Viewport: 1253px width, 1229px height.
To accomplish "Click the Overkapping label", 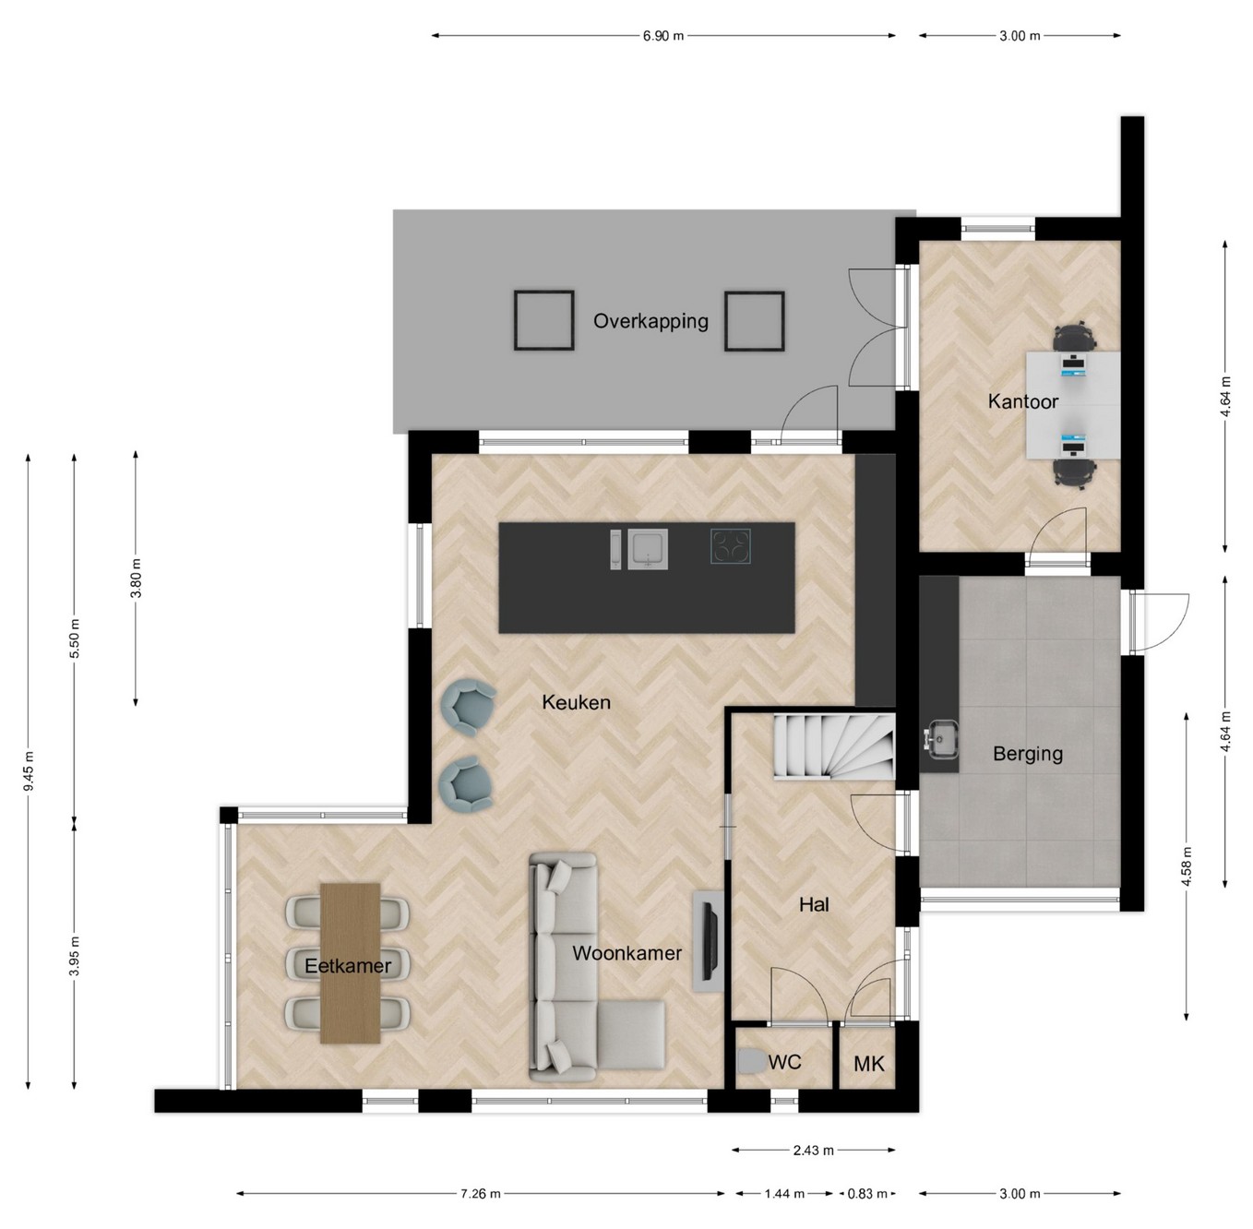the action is point(650,321).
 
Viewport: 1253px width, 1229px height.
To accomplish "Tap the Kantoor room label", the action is point(1023,401).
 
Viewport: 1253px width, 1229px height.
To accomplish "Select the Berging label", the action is point(1027,755).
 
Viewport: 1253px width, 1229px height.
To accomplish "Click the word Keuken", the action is point(576,702).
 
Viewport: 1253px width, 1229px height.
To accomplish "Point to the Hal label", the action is point(814,904).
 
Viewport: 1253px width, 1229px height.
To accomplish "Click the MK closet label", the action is point(869,1065).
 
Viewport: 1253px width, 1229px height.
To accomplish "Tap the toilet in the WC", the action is point(752,1062).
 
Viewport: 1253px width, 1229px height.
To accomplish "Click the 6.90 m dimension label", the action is point(663,36).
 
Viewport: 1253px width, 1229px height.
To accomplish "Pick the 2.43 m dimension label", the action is point(813,1151).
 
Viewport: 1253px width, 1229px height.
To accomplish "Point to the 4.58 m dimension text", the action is point(1187,866).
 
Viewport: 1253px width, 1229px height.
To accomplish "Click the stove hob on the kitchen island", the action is point(731,545).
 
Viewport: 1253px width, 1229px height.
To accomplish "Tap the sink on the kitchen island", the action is point(647,550).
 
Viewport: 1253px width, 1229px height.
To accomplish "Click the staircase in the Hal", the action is point(833,746).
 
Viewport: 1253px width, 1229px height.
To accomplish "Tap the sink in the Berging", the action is point(940,739).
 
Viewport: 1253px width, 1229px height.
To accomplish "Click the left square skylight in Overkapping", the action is point(543,320).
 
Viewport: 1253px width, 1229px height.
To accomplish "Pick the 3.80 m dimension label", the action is point(136,579).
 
